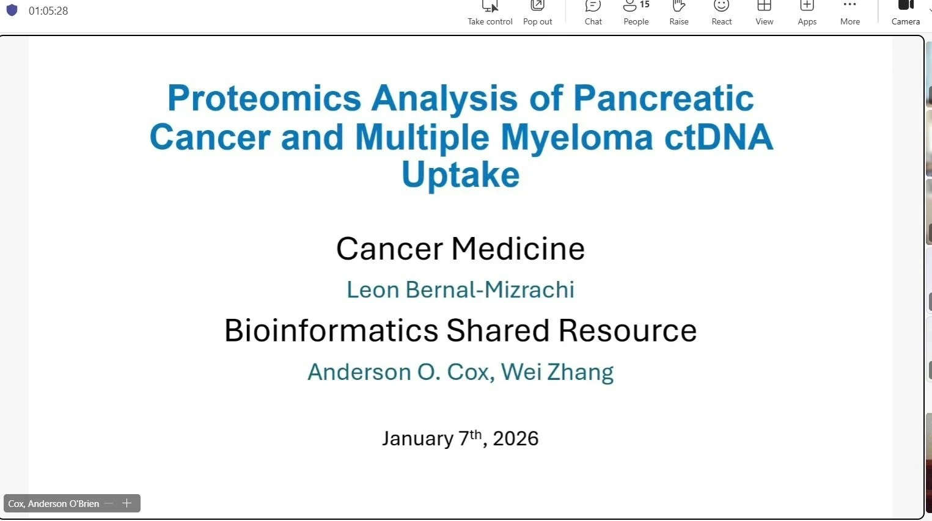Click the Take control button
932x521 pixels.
(x=490, y=13)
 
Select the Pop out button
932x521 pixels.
(x=537, y=13)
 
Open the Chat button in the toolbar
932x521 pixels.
(x=593, y=13)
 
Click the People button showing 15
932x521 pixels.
(x=636, y=13)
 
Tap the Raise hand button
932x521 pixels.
(x=678, y=13)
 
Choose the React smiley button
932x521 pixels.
(x=721, y=13)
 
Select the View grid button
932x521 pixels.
(x=764, y=13)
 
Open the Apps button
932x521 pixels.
(x=807, y=13)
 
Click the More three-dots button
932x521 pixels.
(x=849, y=13)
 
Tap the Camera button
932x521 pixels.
(x=905, y=13)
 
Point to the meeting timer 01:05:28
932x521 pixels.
(x=48, y=11)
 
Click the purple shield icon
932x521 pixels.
(x=12, y=10)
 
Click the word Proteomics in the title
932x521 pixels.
(x=264, y=99)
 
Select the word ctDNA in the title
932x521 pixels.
(x=719, y=137)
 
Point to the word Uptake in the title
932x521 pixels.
(x=461, y=176)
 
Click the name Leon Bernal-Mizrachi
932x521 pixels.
(x=461, y=290)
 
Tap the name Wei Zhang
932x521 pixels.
(x=557, y=372)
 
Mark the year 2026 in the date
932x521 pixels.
(x=516, y=439)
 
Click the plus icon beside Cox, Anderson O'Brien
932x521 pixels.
(x=127, y=503)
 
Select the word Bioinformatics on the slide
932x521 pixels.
(x=331, y=330)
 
